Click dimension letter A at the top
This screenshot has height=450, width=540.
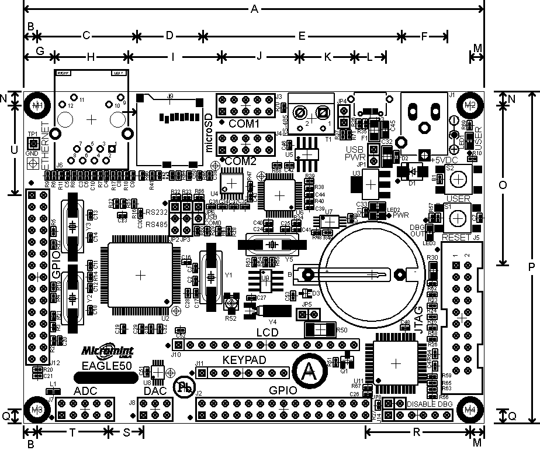[x=253, y=9]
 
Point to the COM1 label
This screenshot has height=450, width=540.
[x=244, y=124]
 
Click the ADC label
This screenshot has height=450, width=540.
[x=86, y=391]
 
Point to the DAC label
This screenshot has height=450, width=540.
[x=155, y=391]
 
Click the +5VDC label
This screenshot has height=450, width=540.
[x=446, y=160]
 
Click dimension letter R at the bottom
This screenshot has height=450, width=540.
[x=416, y=432]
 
